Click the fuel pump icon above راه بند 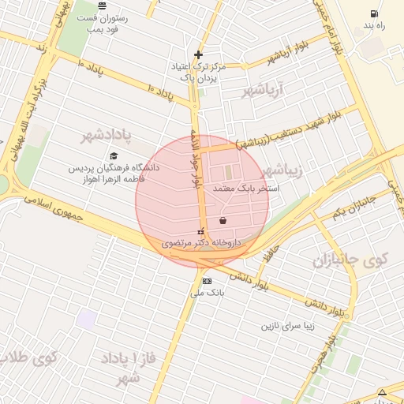pyautogui.click(x=373, y=14)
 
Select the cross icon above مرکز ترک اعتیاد pyautogui.click(x=198, y=54)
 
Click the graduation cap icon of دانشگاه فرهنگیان pyautogui.click(x=114, y=156)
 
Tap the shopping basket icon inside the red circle pyautogui.click(x=223, y=220)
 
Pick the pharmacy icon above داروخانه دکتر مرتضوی pyautogui.click(x=200, y=232)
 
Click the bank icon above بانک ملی pyautogui.click(x=207, y=281)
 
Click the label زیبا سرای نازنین pyautogui.click(x=287, y=324)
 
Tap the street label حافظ pyautogui.click(x=272, y=252)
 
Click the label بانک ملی pyautogui.click(x=208, y=293)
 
